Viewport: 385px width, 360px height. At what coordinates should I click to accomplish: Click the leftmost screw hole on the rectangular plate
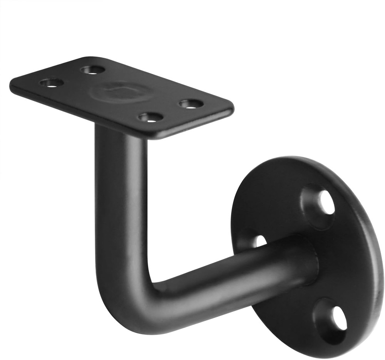tap(52, 83)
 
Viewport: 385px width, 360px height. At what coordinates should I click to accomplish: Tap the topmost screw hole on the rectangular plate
tap(93, 70)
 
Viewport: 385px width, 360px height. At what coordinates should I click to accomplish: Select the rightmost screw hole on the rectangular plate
tap(191, 104)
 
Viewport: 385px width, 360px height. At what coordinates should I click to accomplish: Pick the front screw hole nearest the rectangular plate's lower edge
tap(151, 117)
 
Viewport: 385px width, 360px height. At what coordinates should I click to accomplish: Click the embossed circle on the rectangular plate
tap(121, 92)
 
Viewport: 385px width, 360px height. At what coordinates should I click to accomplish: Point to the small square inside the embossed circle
tap(121, 91)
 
